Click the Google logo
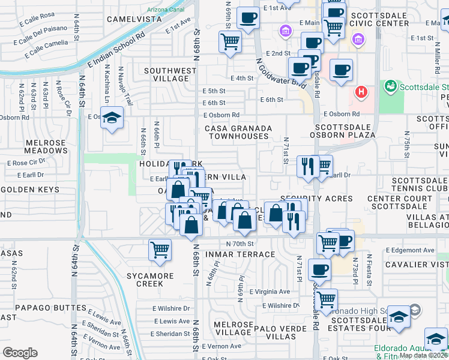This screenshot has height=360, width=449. click(20, 353)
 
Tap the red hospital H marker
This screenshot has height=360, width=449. click(361, 92)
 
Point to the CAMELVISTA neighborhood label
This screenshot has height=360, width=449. click(134, 19)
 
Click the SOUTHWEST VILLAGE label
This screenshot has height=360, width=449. click(170, 74)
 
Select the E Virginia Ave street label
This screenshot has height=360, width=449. click(268, 292)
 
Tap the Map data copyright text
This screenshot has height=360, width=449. click(423, 355)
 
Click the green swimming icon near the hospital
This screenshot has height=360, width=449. click(391, 86)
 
